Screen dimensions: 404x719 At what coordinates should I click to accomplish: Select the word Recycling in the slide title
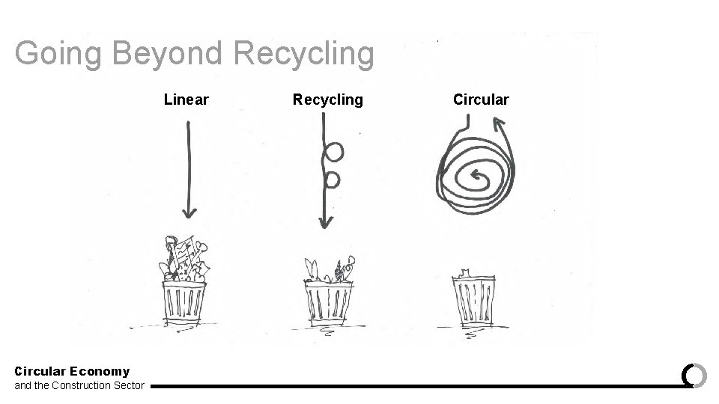coord(303,54)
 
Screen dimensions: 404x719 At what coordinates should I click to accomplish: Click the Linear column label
coord(186,100)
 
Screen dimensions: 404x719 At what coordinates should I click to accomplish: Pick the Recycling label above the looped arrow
coord(327,100)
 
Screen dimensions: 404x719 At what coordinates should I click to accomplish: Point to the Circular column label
coord(481,100)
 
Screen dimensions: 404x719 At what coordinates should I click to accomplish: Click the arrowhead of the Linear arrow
coord(189,212)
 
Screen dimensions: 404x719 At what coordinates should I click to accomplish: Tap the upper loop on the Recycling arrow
coord(333,153)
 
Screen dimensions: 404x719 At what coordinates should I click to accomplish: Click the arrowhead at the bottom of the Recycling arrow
coord(325,221)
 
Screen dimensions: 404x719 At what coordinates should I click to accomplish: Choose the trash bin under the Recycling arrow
coord(328,303)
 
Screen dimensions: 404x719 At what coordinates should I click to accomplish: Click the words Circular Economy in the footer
coord(72,371)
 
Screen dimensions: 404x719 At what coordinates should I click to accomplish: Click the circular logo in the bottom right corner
coord(694,375)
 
